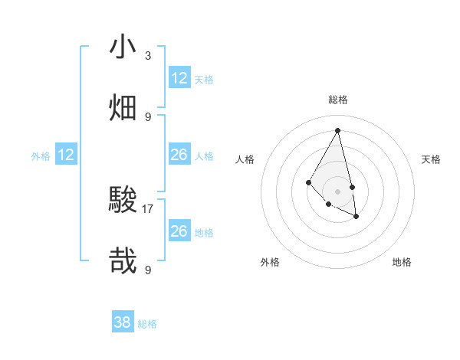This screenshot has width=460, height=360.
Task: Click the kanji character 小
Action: coord(123,47)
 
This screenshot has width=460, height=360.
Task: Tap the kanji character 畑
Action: coord(123,108)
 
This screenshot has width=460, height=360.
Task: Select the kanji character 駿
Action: coord(123,201)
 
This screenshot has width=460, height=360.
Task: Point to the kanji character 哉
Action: coord(123,262)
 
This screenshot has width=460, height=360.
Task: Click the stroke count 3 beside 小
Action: coord(148,56)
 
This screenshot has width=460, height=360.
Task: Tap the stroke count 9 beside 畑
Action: coord(148,117)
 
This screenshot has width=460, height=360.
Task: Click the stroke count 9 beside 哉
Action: coord(148,270)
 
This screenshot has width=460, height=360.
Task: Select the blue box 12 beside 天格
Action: coord(179,78)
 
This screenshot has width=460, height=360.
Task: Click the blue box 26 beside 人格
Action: coord(179,155)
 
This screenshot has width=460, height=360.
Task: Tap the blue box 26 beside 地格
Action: coord(179,231)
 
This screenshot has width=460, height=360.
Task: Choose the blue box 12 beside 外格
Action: coord(66,155)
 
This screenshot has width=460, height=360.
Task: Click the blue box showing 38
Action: coord(123,322)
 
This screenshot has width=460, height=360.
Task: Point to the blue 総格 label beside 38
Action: coord(147,324)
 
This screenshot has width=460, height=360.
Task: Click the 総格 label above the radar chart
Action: coord(338,100)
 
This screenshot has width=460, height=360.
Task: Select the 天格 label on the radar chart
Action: coord(432,159)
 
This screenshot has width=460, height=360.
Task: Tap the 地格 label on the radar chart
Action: coord(402,262)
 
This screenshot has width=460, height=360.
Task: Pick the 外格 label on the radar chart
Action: coord(270,262)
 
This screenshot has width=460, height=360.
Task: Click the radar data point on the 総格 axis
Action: coord(338,129)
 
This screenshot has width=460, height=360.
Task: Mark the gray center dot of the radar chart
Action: coord(338,191)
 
